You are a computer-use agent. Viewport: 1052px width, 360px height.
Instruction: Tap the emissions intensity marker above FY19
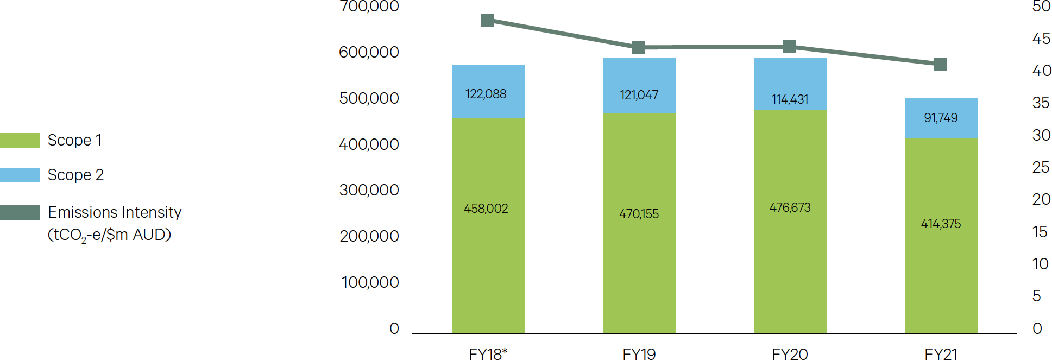[639, 47]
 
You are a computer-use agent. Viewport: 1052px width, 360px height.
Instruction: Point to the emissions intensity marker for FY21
[941, 64]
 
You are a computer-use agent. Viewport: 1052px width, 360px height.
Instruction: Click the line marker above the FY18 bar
[488, 20]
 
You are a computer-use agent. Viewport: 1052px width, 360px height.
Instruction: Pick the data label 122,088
[486, 94]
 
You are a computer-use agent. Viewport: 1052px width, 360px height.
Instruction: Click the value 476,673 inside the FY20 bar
[790, 207]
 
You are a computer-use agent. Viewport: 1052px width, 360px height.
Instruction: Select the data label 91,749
[941, 118]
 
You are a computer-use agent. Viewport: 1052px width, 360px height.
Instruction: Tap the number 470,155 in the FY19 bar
[639, 214]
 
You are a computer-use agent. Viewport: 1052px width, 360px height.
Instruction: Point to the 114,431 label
[790, 99]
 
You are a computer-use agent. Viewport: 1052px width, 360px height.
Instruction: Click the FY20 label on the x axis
[790, 354]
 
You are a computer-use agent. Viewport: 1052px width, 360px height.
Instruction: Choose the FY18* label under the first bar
[488, 354]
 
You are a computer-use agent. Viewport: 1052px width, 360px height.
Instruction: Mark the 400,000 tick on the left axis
[369, 144]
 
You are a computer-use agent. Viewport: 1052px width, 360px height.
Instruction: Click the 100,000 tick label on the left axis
[370, 282]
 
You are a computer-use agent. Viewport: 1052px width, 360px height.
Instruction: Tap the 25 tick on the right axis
[1041, 167]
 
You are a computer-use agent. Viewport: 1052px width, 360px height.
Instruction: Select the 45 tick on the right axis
[1041, 39]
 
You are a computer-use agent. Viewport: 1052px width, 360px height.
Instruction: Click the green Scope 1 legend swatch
[20, 140]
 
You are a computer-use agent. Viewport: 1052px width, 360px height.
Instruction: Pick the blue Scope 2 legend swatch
[20, 175]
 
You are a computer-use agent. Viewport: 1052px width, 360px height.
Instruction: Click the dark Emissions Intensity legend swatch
[20, 212]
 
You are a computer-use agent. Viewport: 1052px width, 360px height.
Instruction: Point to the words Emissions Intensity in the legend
[115, 212]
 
